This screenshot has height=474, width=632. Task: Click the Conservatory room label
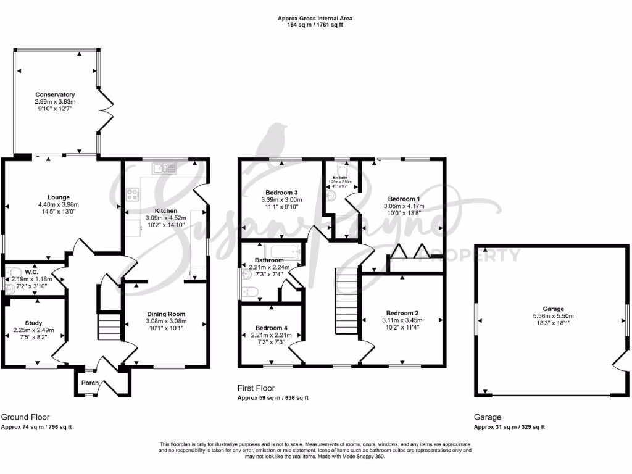[x=55, y=94]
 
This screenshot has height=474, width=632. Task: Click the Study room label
[x=34, y=322]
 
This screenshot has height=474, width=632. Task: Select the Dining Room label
[x=166, y=314]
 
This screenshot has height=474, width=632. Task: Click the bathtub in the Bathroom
[x=283, y=252]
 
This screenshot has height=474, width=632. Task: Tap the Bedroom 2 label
[x=402, y=313]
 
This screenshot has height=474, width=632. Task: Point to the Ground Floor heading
[x=25, y=417]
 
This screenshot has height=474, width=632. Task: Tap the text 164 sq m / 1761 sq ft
[x=315, y=25]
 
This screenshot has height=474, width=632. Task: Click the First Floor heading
[x=256, y=388]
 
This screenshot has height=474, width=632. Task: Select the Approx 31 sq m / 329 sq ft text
[x=509, y=427]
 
